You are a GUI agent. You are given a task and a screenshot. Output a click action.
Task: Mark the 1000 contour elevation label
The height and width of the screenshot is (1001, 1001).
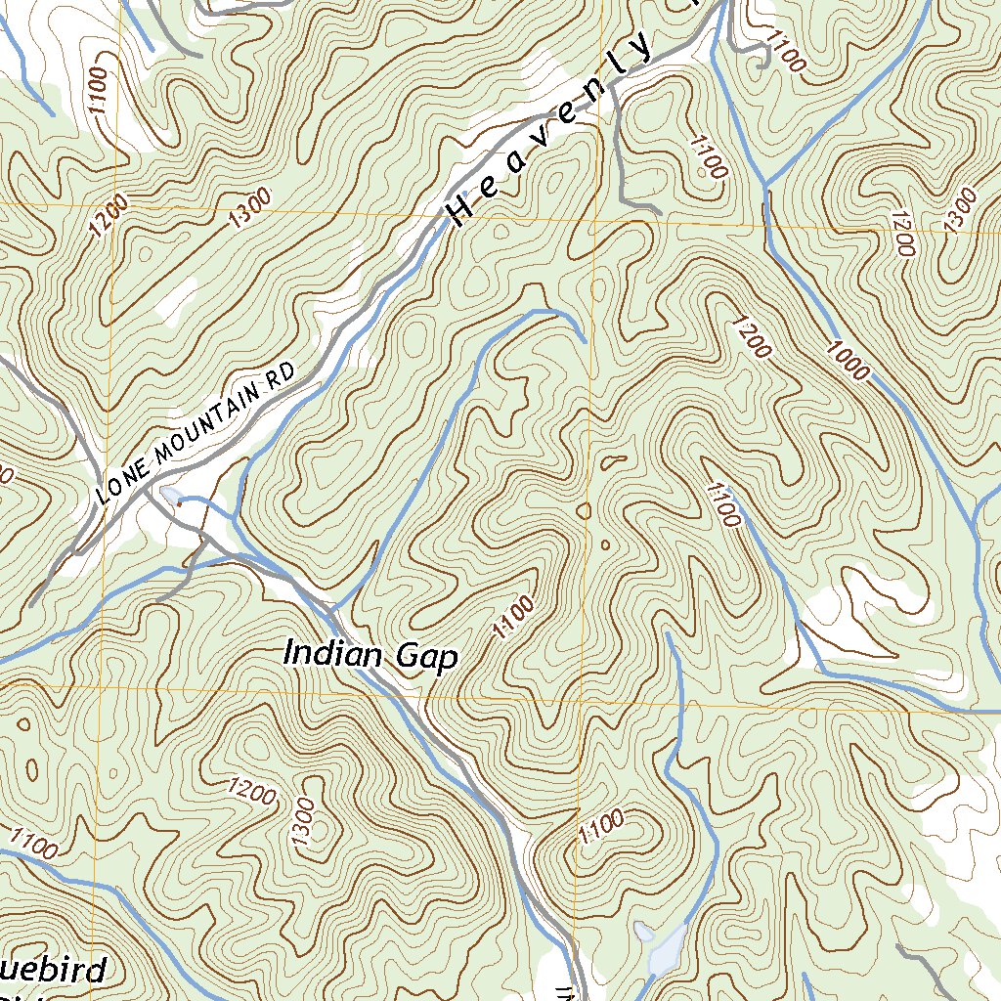point(847,359)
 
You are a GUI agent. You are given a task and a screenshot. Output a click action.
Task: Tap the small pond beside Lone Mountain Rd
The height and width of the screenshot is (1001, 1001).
point(171,497)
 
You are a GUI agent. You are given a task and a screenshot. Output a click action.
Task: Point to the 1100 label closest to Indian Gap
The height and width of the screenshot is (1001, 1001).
point(514,617)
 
